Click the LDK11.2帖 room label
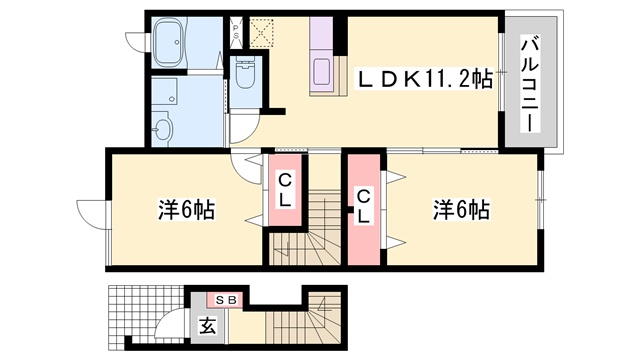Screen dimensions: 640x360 click(x=424, y=80)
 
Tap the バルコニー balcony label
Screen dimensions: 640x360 click(x=530, y=84)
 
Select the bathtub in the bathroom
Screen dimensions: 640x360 click(x=169, y=42)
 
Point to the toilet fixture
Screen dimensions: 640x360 click(x=245, y=73)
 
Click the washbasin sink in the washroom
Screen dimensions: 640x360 click(x=163, y=129)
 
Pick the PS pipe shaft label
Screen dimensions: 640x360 click(x=236, y=31)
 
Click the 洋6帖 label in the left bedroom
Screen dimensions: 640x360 click(x=186, y=210)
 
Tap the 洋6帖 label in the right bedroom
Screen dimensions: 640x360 click(x=461, y=210)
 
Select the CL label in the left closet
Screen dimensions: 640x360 click(x=284, y=190)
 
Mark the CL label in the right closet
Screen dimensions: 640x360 click(x=363, y=208)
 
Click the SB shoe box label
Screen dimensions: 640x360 click(x=226, y=301)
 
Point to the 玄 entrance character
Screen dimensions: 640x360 click(x=208, y=326)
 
